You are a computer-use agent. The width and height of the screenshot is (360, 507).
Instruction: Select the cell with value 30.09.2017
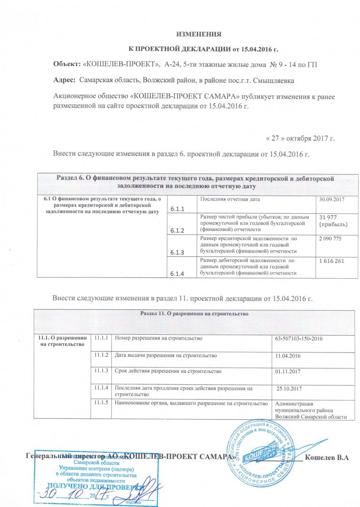coord(332,200)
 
